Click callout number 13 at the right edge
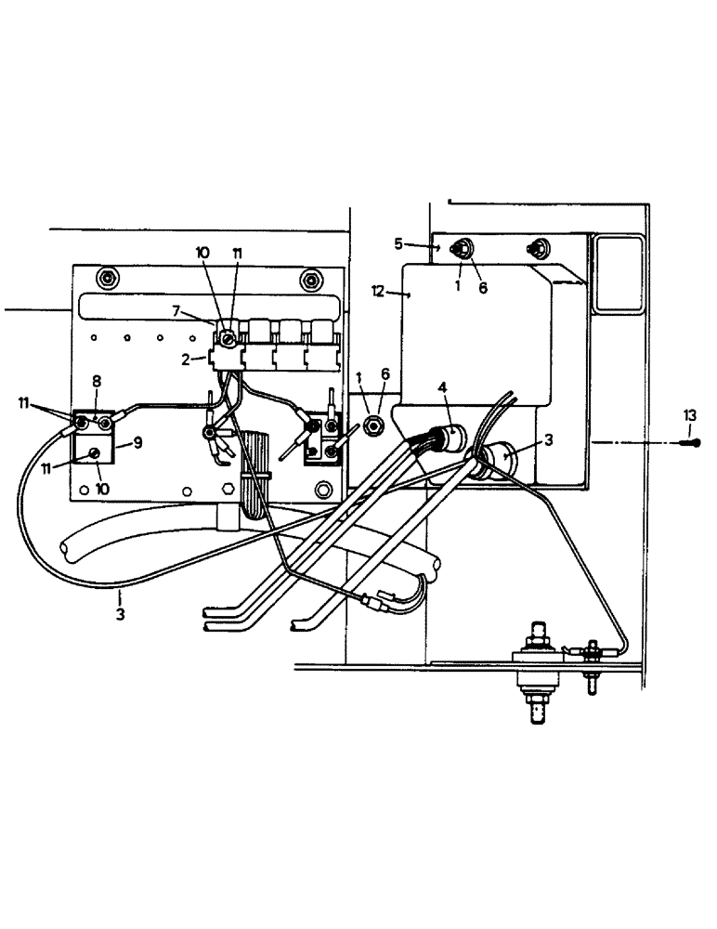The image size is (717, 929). [x=688, y=415]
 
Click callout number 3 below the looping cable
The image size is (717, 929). [x=120, y=614]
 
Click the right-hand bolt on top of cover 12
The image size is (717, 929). [x=536, y=248]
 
